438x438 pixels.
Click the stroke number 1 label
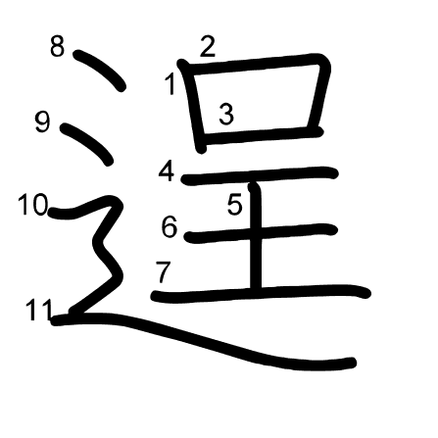coord(170,84)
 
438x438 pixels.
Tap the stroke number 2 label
coord(208,47)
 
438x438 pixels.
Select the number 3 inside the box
coord(226,114)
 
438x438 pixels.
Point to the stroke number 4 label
coord(167,170)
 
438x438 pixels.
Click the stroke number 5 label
coord(235,204)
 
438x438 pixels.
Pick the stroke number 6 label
coord(170,226)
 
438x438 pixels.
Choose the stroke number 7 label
coord(164,272)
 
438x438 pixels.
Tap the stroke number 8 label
coord(58,46)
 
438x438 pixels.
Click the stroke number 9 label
coord(43,122)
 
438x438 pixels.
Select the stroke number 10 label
coord(33,205)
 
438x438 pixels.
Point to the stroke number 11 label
coord(39,310)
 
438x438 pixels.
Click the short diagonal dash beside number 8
coord(100,70)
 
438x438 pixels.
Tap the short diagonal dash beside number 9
coord(87,143)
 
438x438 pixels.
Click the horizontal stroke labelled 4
coord(260,174)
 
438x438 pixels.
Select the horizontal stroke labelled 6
coord(261,232)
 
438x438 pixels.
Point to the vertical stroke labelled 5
coord(256,236)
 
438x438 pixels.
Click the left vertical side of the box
coord(193,106)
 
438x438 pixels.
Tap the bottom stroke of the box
coord(262,135)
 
